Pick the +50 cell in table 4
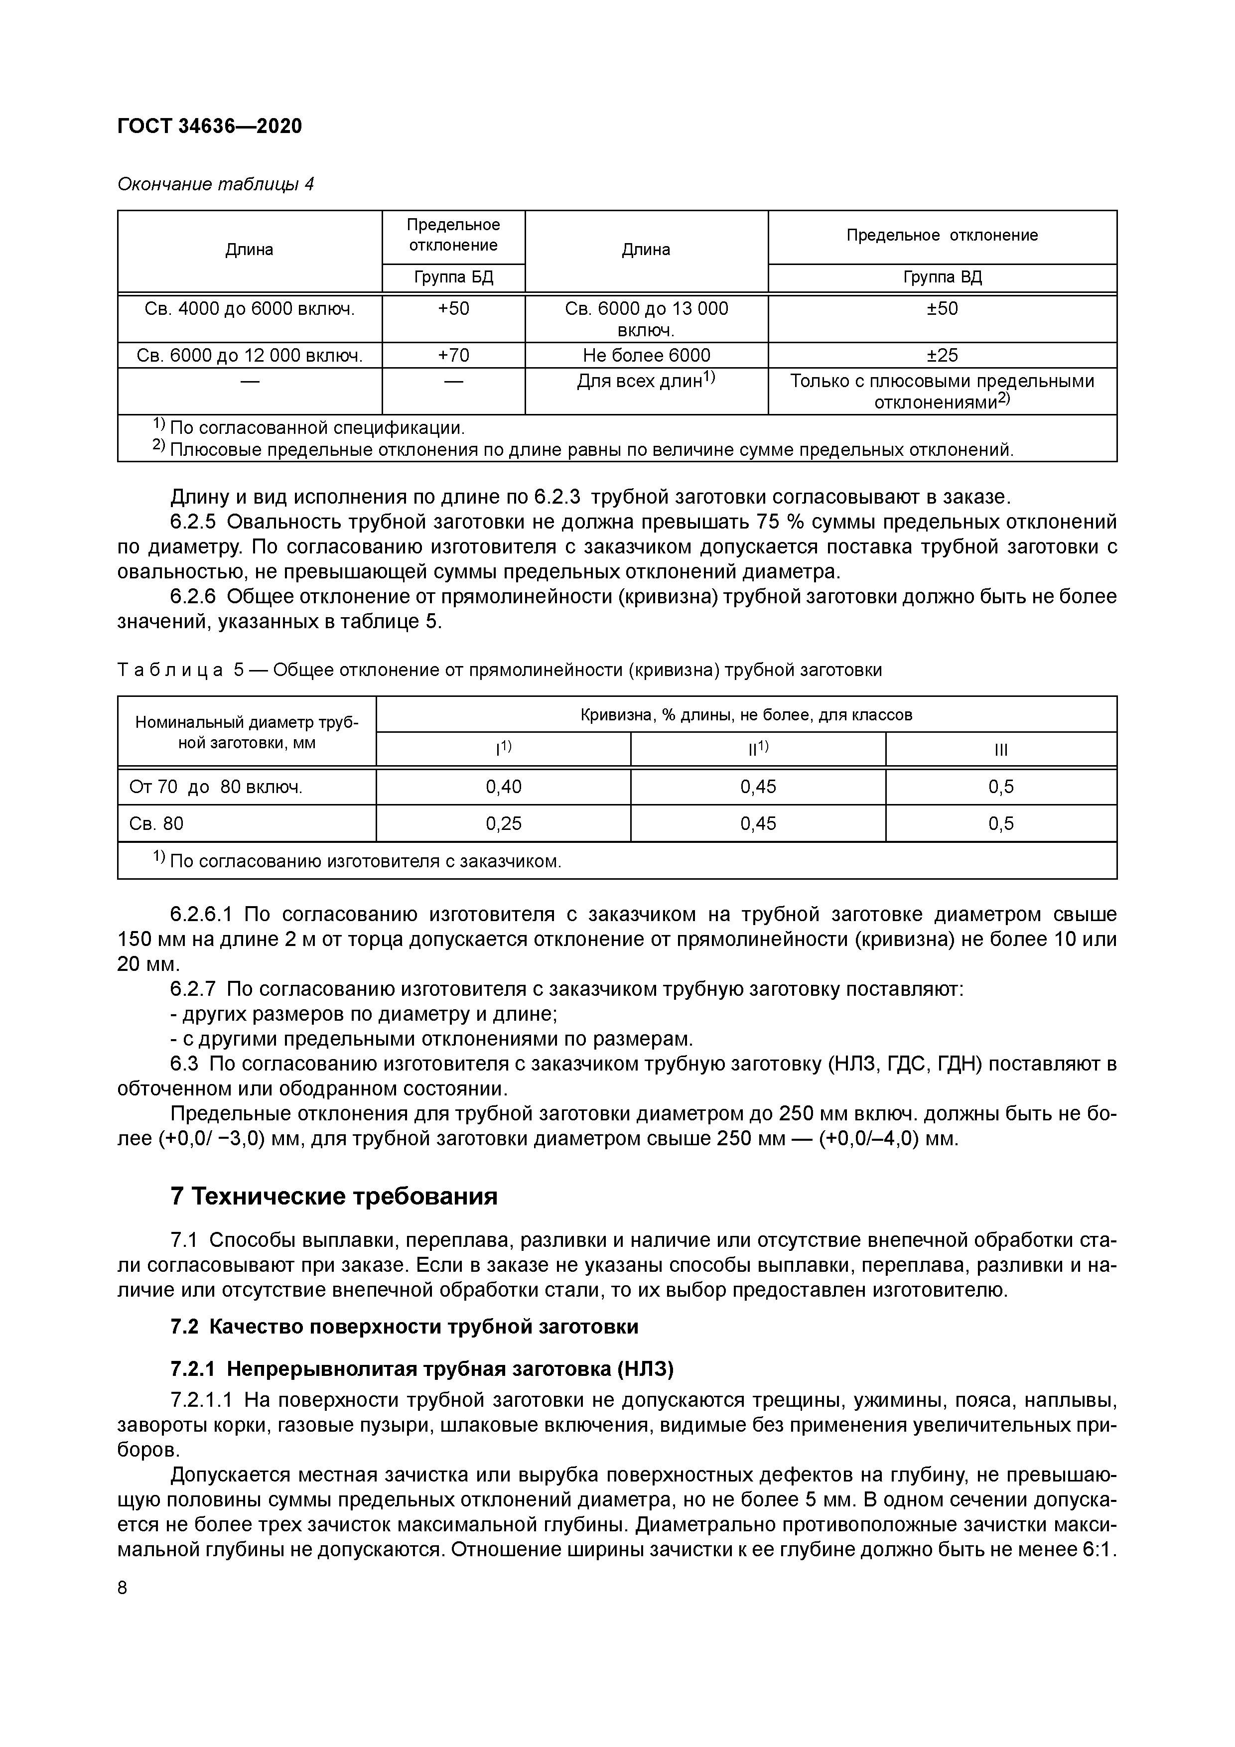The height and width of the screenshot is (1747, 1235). click(x=453, y=309)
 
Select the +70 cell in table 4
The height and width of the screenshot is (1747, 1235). click(x=453, y=355)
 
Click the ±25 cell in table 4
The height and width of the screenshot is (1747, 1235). click(x=942, y=355)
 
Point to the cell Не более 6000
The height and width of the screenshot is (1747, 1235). click(x=646, y=355)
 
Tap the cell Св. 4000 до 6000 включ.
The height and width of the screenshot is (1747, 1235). click(x=250, y=309)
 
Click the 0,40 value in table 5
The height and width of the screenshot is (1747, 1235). click(x=504, y=787)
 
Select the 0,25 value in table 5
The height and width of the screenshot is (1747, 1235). click(x=504, y=823)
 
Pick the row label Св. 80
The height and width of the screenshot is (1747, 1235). click(x=157, y=823)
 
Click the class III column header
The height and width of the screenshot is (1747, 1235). click(x=1001, y=750)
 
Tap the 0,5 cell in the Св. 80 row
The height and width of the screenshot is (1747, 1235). click(x=1001, y=823)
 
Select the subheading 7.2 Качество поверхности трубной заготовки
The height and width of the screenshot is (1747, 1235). click(x=404, y=1327)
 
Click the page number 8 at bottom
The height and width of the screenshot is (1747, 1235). click(x=123, y=1588)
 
